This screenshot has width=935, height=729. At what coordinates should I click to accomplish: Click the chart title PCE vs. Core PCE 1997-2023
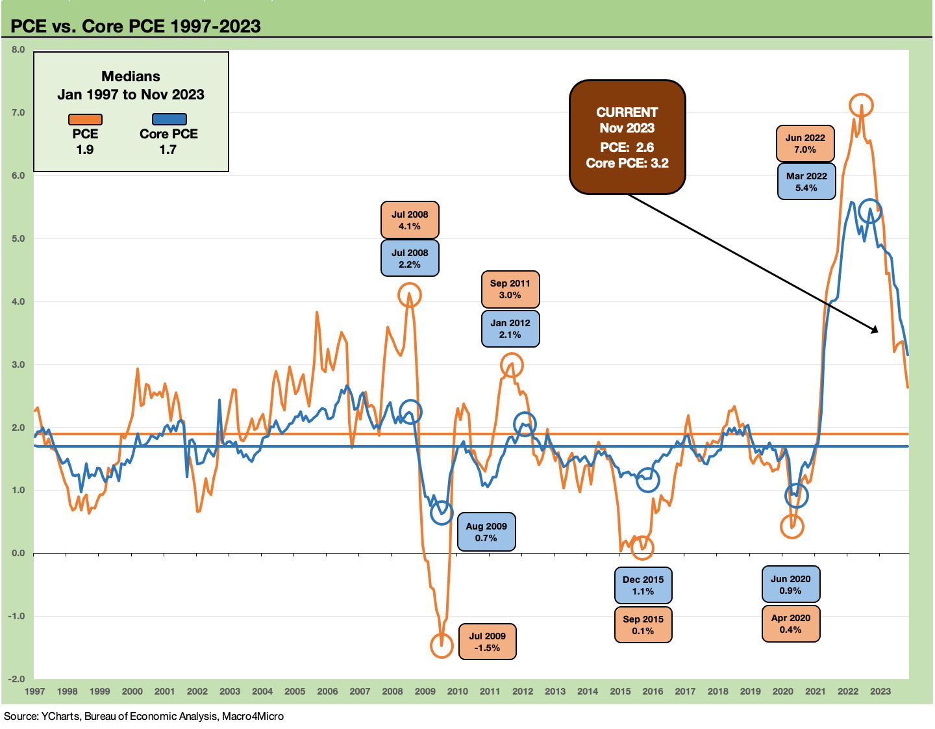[136, 26]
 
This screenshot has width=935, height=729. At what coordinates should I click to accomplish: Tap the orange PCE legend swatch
[85, 120]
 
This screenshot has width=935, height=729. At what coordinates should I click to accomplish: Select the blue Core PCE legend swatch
[169, 120]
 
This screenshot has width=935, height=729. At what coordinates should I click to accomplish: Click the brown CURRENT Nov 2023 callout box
[627, 137]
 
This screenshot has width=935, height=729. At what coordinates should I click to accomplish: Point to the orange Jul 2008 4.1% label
[410, 220]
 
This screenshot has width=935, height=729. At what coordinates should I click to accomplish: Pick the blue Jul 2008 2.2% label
[410, 259]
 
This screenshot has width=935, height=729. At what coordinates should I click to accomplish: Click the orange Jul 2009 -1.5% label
[487, 642]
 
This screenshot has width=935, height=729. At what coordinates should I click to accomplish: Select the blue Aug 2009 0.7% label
[486, 532]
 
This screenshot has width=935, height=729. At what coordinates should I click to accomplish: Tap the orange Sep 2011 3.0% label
[510, 289]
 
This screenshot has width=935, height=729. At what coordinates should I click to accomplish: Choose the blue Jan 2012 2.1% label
[510, 329]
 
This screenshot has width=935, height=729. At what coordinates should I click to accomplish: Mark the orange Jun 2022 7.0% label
[805, 144]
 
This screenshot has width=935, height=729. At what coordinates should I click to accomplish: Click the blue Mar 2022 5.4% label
[806, 182]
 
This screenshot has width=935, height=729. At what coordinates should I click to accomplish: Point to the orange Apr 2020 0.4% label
[791, 624]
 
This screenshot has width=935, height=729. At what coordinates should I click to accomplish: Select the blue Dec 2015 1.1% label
[643, 585]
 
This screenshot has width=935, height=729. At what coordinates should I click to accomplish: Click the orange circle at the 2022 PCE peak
[861, 105]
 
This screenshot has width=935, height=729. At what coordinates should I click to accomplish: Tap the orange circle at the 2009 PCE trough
[442, 645]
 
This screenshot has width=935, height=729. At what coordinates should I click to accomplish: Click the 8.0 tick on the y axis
[18, 49]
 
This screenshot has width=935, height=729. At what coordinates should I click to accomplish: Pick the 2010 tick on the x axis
[457, 691]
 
